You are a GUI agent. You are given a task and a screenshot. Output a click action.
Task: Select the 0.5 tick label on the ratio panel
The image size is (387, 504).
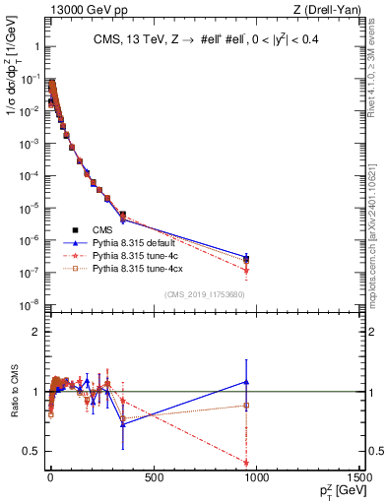tap(31, 451)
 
